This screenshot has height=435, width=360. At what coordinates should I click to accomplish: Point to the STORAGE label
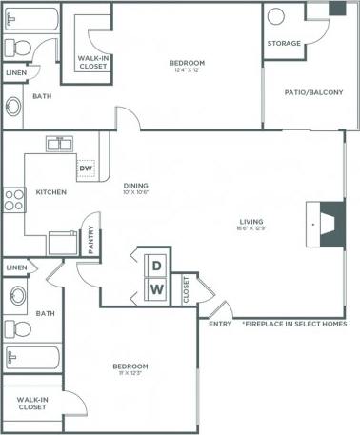(284, 44)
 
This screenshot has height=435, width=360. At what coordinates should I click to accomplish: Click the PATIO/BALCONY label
(313, 92)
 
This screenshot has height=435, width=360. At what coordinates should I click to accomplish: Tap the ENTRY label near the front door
(220, 324)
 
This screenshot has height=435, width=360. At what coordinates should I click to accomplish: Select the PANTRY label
(91, 240)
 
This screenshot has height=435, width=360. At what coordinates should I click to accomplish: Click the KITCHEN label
(50, 191)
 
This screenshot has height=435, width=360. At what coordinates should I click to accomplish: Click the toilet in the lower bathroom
(16, 298)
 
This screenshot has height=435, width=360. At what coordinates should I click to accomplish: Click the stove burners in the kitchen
(13, 200)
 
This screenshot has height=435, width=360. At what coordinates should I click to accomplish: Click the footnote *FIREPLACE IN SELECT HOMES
(293, 324)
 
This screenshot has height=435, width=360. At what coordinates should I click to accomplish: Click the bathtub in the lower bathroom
(32, 358)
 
